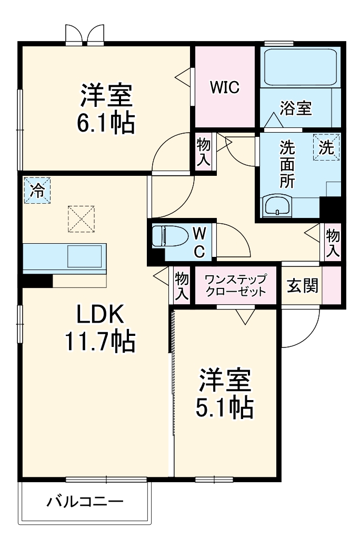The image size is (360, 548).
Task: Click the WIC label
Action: (x=225, y=87)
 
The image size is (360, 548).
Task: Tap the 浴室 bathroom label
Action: (x=295, y=108)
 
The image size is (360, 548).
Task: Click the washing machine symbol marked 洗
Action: (x=327, y=148)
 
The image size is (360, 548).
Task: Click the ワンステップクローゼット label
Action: (x=235, y=285)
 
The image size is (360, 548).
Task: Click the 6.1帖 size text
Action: (x=106, y=124)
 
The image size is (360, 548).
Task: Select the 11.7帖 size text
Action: (x=101, y=342)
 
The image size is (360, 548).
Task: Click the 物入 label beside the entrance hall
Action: (x=332, y=243)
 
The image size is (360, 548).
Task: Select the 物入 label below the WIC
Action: (x=204, y=152)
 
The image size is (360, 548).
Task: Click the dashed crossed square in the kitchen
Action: (x=82, y=218)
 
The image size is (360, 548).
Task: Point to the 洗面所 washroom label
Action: (x=287, y=164)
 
